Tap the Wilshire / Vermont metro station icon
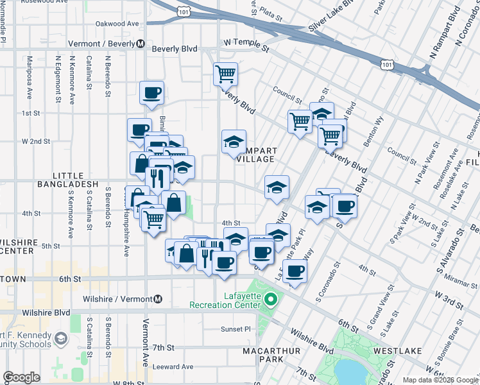(158, 299)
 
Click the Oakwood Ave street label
(117, 24)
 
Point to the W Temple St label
(246, 42)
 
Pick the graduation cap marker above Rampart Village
(234, 142)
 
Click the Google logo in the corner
(21, 377)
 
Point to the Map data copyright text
(440, 380)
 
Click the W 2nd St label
(36, 141)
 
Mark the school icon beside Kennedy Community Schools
(60, 338)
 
